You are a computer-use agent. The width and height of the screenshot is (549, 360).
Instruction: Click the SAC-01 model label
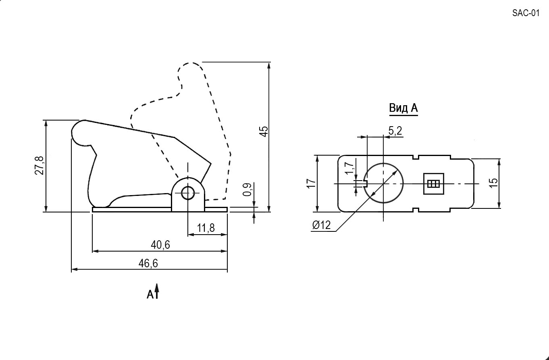[526, 13]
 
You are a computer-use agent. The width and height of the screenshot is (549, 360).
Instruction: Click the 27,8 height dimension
[40, 165]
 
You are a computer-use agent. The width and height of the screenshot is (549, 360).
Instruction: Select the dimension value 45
[264, 131]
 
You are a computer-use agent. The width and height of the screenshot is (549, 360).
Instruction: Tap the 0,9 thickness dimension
[247, 190]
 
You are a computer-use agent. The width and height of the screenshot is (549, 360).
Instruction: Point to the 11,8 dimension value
[206, 228]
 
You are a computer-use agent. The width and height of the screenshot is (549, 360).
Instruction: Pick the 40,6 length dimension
[160, 245]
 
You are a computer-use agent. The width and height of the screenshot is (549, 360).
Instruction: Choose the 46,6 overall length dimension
[148, 263]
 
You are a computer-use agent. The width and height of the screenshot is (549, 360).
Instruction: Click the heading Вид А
[403, 108]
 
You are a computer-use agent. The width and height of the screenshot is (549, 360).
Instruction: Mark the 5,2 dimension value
[395, 131]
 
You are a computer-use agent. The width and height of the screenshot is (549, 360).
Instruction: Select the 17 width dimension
[311, 183]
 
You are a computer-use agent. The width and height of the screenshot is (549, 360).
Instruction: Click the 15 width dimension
[493, 183]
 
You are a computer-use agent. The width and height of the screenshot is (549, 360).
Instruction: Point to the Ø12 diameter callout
[322, 225]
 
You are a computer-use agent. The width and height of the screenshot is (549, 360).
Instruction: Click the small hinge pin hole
[188, 194]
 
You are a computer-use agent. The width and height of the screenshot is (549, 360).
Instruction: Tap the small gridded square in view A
[434, 183]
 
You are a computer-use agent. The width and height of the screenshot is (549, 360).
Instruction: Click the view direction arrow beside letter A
[157, 291]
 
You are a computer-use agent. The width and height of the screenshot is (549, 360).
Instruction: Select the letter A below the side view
[150, 295]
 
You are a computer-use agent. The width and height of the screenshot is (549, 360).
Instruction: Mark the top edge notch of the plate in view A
[416, 157]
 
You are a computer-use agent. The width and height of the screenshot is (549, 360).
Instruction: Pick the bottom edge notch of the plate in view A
[416, 210]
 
